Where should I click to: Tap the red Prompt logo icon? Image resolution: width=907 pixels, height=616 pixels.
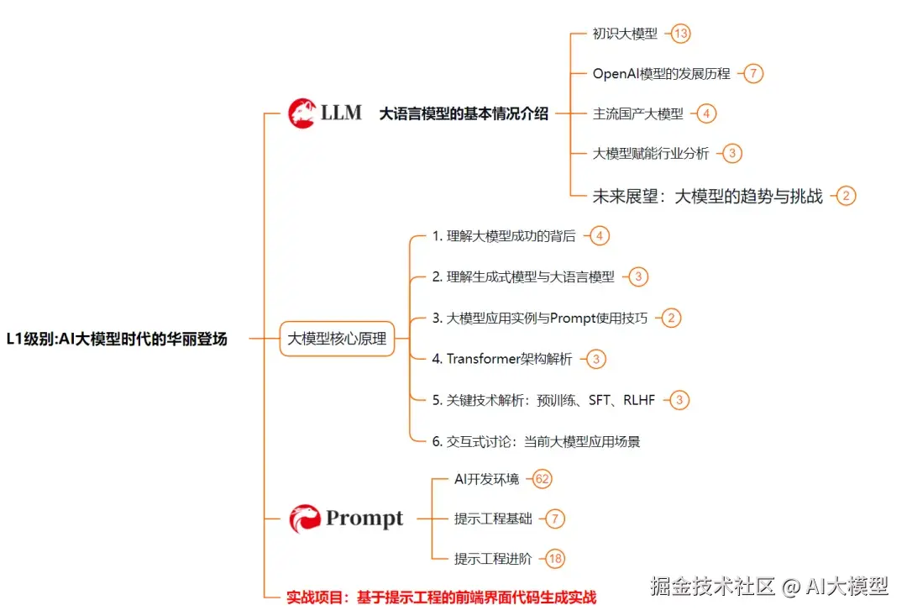pyautogui.click(x=305, y=519)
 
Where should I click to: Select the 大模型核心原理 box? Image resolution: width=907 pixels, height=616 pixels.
pyautogui.click(x=337, y=340)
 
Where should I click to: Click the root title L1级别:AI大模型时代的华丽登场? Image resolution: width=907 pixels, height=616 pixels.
pyautogui.click(x=116, y=340)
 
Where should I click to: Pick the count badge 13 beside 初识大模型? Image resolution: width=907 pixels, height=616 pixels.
pyautogui.click(x=680, y=34)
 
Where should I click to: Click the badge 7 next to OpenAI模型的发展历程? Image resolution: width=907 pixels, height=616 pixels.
pyautogui.click(x=753, y=73)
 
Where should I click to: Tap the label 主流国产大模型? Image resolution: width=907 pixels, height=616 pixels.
pyautogui.click(x=638, y=113)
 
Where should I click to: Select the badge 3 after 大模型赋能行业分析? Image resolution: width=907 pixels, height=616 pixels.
pyautogui.click(x=732, y=153)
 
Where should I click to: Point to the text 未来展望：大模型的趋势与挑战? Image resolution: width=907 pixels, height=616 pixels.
pyautogui.click(x=707, y=197)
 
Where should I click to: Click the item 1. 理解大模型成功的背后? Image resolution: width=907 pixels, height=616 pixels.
pyautogui.click(x=504, y=236)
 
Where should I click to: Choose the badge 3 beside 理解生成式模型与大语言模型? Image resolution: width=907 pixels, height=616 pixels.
pyautogui.click(x=638, y=276)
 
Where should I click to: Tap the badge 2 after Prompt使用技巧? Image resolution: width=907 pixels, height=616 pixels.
pyautogui.click(x=670, y=318)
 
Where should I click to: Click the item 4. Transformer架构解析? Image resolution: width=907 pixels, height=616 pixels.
pyautogui.click(x=502, y=359)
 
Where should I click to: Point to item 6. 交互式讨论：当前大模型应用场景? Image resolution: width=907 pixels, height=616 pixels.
pyautogui.click(x=536, y=441)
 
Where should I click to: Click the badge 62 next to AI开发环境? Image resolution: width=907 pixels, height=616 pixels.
pyautogui.click(x=543, y=479)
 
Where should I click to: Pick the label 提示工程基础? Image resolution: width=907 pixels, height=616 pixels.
pyautogui.click(x=493, y=519)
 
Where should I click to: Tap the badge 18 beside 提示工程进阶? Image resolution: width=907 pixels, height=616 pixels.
pyautogui.click(x=554, y=558)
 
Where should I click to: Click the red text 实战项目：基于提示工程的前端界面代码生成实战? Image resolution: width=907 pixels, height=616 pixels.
pyautogui.click(x=441, y=598)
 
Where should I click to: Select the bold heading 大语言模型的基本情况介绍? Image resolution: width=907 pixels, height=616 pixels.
pyautogui.click(x=464, y=113)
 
